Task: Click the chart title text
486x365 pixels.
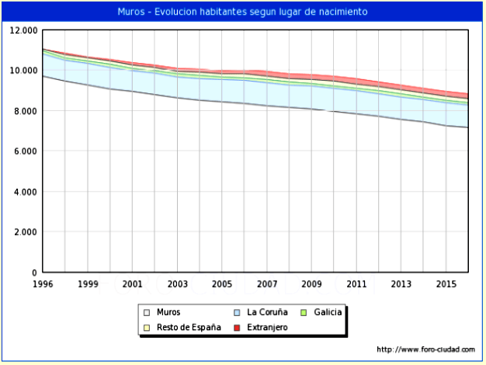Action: click(x=242, y=12)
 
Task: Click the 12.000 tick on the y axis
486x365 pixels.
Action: click(x=23, y=30)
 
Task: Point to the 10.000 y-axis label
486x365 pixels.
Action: click(x=23, y=71)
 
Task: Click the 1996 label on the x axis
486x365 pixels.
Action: click(x=43, y=284)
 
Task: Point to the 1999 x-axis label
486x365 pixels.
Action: click(x=88, y=284)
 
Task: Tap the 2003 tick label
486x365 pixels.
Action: click(x=178, y=284)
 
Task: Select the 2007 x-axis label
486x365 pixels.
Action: click(x=267, y=284)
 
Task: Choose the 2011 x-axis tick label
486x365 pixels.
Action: click(x=356, y=284)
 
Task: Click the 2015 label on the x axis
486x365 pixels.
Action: click(x=446, y=284)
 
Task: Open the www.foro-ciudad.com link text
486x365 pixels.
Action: click(x=425, y=349)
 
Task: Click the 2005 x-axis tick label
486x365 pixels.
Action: click(x=223, y=284)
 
